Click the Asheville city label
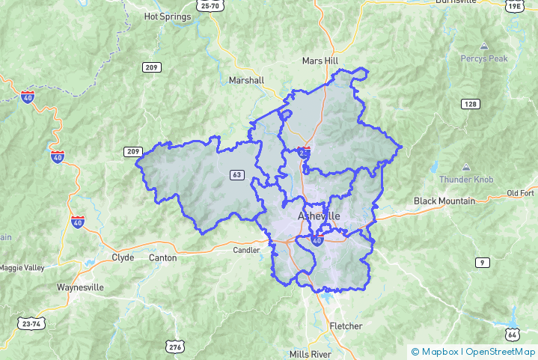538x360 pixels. coord(319,216)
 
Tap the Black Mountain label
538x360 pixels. coord(444,201)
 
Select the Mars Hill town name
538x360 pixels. coord(321,60)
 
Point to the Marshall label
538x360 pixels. coord(247,80)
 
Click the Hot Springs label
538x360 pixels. coord(167,16)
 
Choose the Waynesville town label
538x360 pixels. coord(80,287)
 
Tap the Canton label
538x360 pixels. coord(163,257)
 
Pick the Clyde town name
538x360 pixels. coord(123,257)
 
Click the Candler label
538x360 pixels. coord(245,250)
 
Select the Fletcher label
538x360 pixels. coord(346,326)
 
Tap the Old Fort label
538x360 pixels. coord(520,193)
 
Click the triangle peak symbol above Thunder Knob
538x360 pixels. coord(466,167)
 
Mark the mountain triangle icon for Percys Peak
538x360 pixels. coord(484,46)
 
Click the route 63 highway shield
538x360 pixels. coord(237,175)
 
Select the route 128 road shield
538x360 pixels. coord(470,103)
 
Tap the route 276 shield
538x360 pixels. coord(175,347)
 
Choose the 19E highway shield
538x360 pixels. coord(513,6)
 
